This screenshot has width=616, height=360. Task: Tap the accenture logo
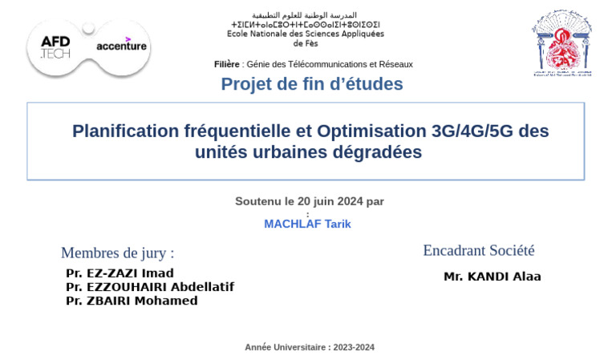[121, 46]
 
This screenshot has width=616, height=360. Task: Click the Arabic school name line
[305, 15]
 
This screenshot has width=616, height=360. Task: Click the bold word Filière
[227, 64]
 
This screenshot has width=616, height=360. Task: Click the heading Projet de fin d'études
[312, 84]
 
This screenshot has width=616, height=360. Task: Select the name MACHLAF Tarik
[307, 224]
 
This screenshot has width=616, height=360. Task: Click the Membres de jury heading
[117, 253]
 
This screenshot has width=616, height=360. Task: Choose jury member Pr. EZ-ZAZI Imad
[120, 273]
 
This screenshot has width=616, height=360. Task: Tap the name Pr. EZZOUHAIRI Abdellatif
[150, 286]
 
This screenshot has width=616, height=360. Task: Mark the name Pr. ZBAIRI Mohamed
[132, 301]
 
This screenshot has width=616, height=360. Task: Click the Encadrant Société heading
[479, 250]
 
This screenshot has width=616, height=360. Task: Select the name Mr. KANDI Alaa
[492, 277]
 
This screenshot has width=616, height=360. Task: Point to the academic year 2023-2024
[354, 347]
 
